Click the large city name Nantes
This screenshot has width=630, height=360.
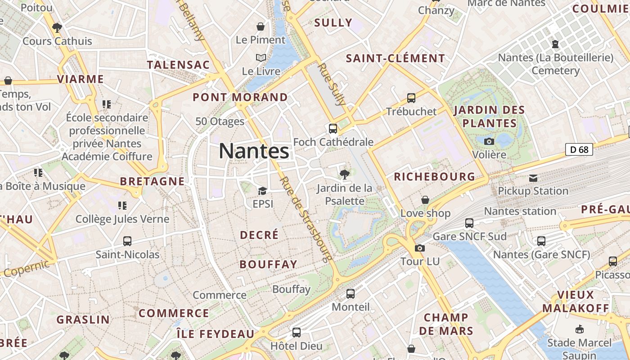(254, 151)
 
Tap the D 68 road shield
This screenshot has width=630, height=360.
(579, 149)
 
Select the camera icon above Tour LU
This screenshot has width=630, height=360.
(419, 248)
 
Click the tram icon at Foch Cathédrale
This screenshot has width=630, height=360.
(333, 129)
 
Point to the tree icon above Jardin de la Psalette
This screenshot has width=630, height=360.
(345, 174)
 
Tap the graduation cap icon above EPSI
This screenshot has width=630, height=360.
(262, 191)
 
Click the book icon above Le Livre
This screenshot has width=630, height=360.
(261, 58)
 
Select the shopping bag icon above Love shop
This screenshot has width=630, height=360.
(425, 199)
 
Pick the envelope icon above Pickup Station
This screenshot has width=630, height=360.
(533, 178)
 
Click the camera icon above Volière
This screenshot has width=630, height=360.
(489, 141)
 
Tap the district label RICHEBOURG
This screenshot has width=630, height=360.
(434, 177)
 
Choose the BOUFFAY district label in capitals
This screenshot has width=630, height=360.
(268, 264)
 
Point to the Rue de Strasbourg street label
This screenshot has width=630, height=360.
(306, 219)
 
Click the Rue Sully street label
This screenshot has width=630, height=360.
(332, 84)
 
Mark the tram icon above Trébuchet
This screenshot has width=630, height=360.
(411, 98)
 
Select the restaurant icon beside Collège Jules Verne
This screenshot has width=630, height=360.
(122, 206)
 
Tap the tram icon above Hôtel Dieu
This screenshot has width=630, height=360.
(296, 333)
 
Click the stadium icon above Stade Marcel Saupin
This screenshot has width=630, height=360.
(579, 329)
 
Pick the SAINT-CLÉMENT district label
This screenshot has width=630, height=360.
(395, 58)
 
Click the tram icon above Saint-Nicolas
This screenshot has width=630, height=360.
(127, 241)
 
